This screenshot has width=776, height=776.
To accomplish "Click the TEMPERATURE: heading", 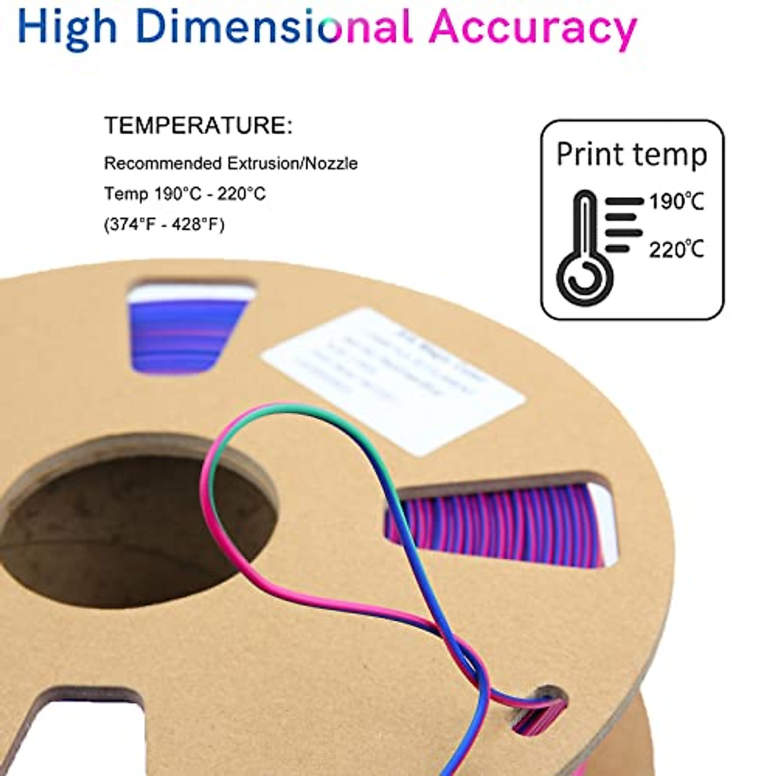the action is (199, 125).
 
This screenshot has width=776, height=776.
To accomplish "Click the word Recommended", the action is (163, 163).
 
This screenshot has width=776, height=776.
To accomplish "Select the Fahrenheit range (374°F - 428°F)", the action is (164, 224).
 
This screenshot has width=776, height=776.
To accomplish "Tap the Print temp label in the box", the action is (632, 155).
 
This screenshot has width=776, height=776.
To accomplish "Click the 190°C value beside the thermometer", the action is (676, 202).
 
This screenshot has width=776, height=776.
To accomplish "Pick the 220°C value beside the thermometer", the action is (676, 249).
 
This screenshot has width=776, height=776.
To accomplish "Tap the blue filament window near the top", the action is (188, 330).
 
